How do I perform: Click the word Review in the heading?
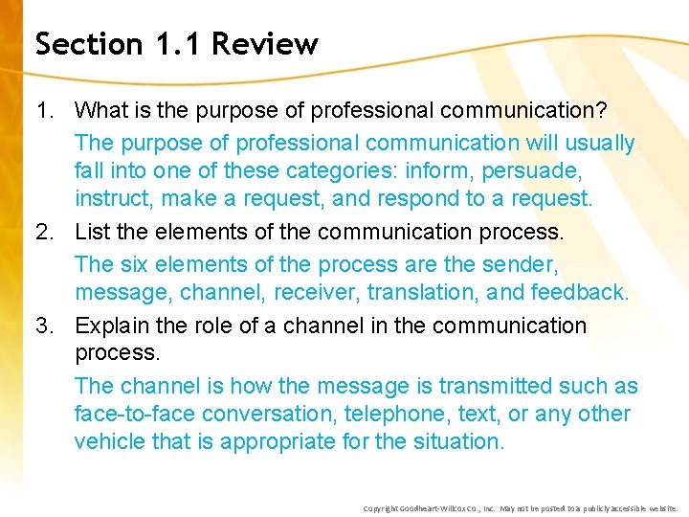click(265, 44)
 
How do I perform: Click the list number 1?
click(45, 111)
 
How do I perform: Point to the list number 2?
click(45, 232)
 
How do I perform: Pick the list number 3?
click(45, 326)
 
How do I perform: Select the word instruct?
click(114, 198)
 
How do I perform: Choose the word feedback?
click(580, 291)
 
